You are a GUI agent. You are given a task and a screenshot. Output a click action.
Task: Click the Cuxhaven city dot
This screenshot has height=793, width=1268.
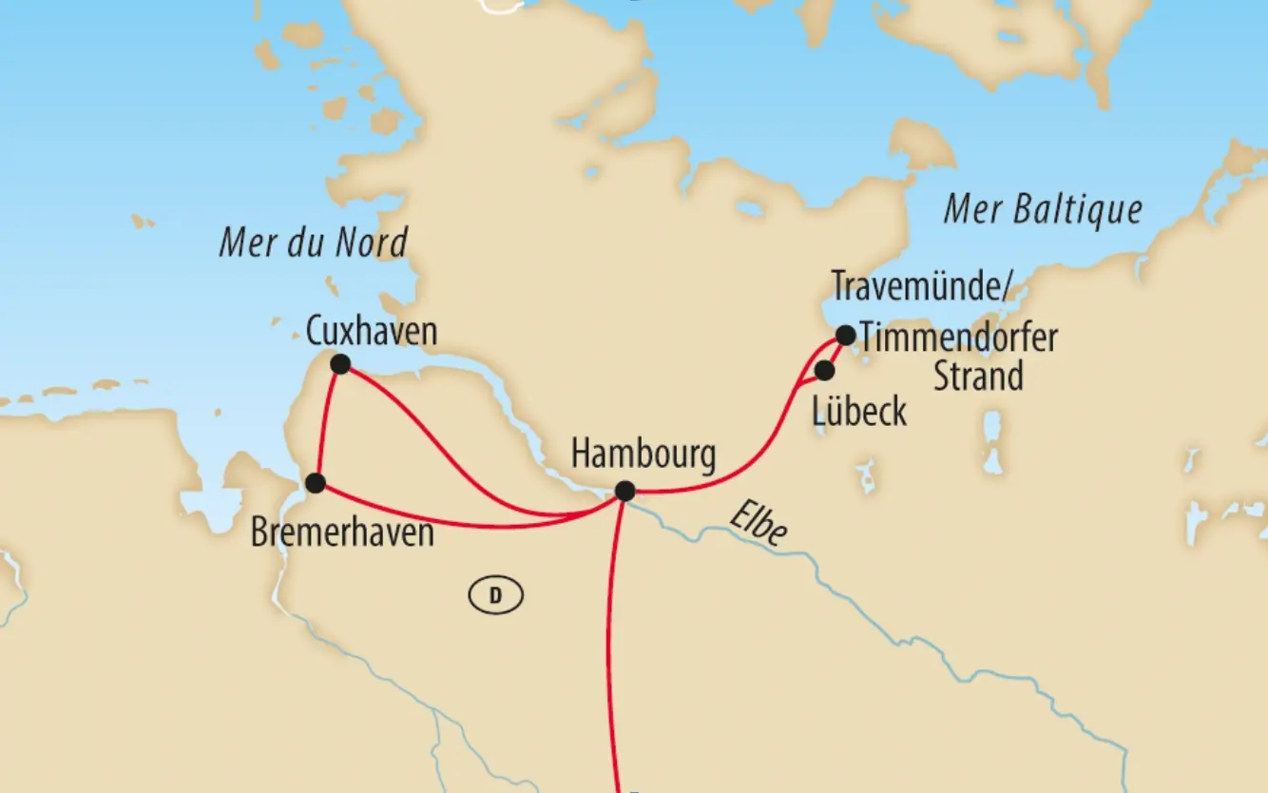tap(339, 363)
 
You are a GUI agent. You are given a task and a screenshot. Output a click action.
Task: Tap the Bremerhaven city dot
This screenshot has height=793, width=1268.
tap(316, 483)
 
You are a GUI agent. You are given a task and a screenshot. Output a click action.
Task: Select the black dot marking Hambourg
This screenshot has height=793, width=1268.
tap(624, 491)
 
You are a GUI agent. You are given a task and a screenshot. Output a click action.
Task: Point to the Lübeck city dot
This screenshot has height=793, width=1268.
tap(825, 370)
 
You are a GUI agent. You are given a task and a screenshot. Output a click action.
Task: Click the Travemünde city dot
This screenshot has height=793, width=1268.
tap(845, 335)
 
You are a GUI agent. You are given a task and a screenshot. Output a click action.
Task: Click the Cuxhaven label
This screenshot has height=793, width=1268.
tap(372, 331)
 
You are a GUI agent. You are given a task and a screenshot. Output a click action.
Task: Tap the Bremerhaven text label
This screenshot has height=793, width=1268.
tap(342, 532)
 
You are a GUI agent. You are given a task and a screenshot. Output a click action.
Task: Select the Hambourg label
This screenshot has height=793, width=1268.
tap(643, 455)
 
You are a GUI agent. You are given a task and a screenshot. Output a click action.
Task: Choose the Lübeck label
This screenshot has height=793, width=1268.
tap(860, 413)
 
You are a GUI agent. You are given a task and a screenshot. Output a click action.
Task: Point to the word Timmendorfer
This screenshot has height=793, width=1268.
tap(958, 338)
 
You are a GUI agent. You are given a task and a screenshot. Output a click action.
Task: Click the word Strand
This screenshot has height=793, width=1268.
tap(978, 377)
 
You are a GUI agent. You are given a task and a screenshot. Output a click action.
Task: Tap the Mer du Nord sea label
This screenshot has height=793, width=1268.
tap(313, 242)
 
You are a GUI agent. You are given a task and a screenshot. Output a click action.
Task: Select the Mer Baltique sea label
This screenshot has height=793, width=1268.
tap(1042, 210)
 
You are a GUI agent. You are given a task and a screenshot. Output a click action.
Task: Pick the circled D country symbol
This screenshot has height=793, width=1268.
tap(495, 596)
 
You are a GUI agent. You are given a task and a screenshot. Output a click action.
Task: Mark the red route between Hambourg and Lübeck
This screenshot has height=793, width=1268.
tap(751, 466)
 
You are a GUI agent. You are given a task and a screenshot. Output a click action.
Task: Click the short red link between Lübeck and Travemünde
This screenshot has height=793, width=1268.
tap(836, 354)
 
